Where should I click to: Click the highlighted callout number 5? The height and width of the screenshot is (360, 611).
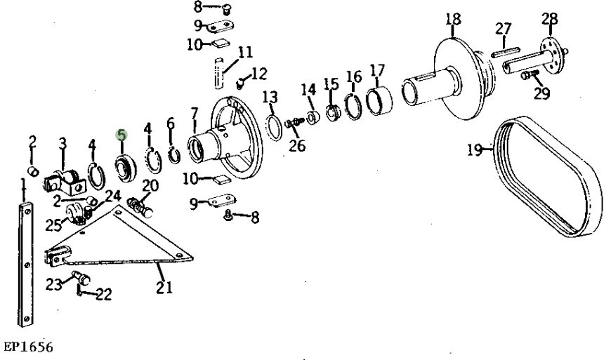(121, 135)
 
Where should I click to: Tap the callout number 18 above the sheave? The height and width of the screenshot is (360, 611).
(454, 20)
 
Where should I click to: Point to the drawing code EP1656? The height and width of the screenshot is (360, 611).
(29, 347)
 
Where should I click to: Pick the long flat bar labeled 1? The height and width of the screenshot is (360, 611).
(26, 265)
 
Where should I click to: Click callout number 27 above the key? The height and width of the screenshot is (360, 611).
(504, 29)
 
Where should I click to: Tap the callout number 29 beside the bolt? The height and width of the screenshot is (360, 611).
(541, 93)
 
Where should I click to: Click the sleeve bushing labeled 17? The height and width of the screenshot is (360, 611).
(379, 102)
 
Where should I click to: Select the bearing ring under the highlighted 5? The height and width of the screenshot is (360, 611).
(126, 168)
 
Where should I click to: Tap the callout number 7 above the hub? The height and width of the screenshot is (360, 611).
(195, 114)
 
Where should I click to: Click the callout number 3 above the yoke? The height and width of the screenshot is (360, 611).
(63, 143)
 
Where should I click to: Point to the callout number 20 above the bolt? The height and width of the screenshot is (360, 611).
(150, 186)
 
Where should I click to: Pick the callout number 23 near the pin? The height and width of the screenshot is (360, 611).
(54, 284)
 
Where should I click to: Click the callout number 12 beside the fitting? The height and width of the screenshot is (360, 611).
(258, 74)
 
